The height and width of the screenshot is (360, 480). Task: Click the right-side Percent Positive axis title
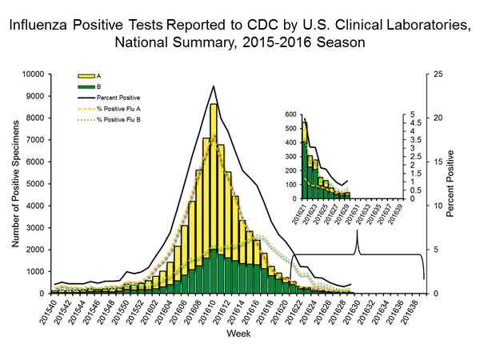(x=452, y=183)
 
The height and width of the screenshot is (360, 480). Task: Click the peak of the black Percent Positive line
(x=214, y=86)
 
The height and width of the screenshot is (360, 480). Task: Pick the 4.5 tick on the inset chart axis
(x=408, y=124)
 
